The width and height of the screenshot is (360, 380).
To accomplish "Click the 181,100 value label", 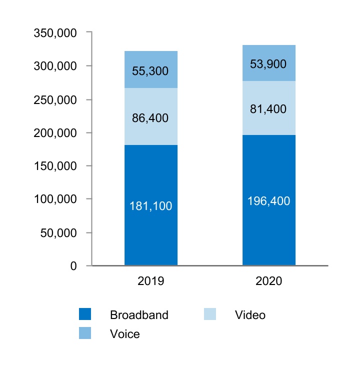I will [x=151, y=206].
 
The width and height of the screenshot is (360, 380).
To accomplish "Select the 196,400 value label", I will [x=269, y=201].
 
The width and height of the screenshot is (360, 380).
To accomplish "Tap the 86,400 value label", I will [x=151, y=118].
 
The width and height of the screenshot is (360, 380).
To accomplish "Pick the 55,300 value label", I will [x=151, y=71].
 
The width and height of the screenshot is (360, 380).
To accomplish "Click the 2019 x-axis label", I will [x=151, y=281].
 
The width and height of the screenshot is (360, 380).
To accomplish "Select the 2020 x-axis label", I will [x=269, y=281].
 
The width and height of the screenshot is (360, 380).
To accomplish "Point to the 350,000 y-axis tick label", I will [x=55, y=33].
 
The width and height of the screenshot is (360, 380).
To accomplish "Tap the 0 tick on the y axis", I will [x=73, y=266].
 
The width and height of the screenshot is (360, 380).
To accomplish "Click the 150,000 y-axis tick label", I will [x=55, y=166].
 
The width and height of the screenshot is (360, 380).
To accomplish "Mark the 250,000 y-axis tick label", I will [x=55, y=99].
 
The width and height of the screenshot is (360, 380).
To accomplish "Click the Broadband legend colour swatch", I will [x=85, y=314].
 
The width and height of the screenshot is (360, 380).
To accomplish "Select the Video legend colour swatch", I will [x=210, y=314].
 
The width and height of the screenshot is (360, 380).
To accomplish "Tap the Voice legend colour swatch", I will [x=85, y=333].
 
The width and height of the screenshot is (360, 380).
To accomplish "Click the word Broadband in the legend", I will [x=139, y=315].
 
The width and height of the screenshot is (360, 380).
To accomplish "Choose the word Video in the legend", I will [x=250, y=315].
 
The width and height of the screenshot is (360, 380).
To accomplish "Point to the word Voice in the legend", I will [x=125, y=334].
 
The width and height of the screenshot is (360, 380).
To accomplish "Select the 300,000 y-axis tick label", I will [x=55, y=66].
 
